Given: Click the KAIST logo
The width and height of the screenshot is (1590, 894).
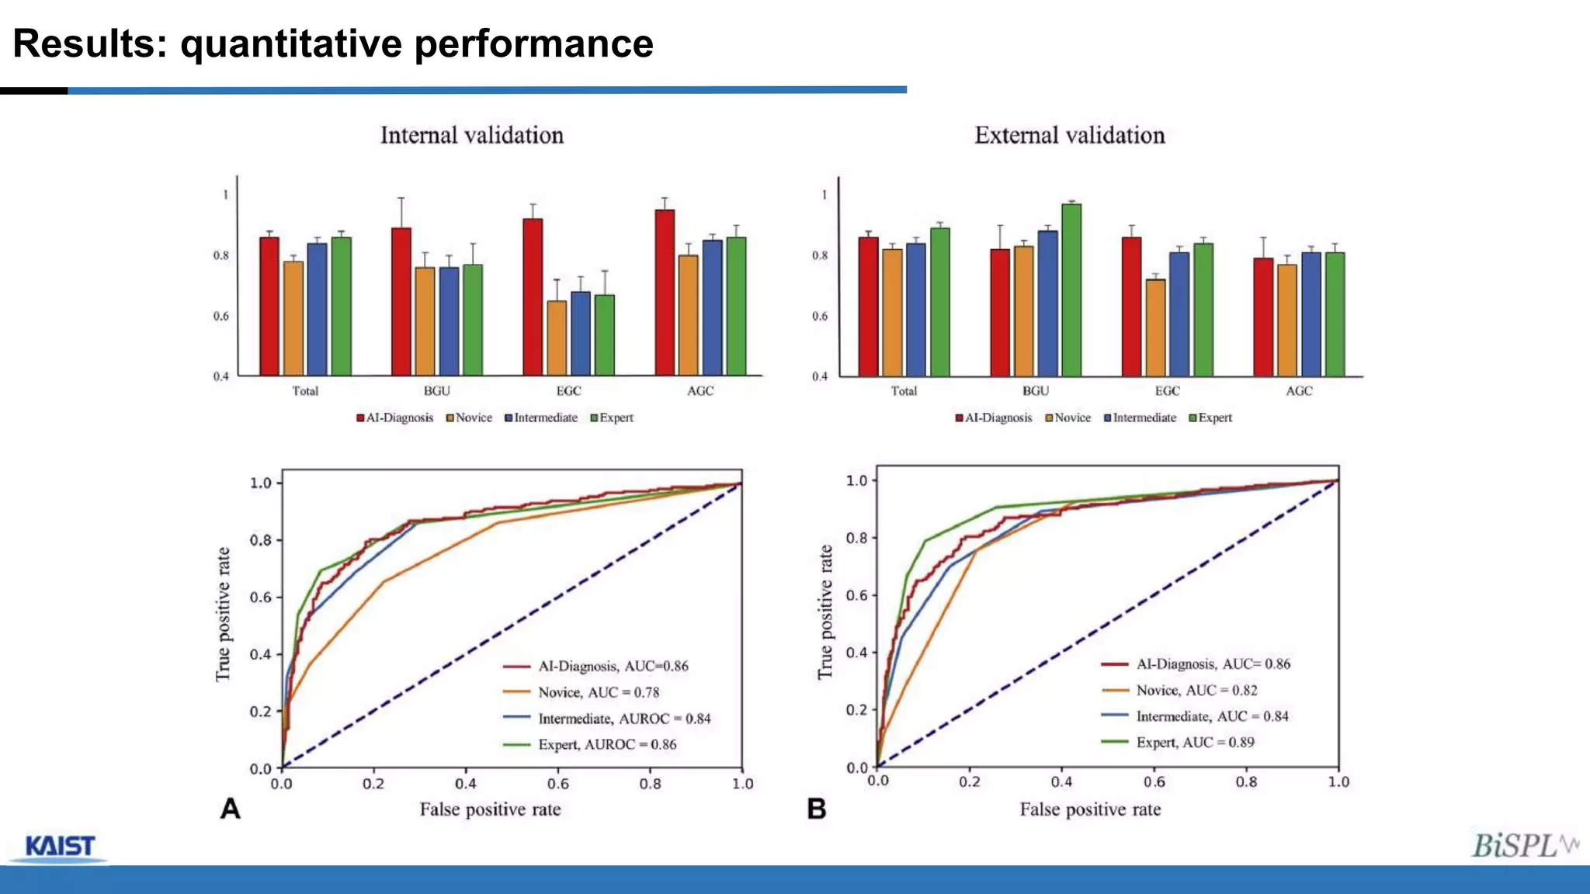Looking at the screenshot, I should coord(60,847).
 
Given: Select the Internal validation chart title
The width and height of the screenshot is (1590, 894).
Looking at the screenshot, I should coord(471,136).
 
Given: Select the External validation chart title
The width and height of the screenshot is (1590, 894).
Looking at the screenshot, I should coord(1069,136).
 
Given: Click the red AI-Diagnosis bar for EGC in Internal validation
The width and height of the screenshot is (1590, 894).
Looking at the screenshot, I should coord(533,296).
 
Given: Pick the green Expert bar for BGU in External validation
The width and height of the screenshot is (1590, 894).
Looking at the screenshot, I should coord(1071,290).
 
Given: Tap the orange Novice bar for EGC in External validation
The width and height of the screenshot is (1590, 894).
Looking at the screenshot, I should coord(1155,327).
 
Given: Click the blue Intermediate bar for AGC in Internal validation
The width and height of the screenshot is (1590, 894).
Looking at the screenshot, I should coord(712,308).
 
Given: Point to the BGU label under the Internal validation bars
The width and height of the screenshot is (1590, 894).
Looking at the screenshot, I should coord(436,391).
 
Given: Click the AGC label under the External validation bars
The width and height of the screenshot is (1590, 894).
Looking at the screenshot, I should coord(1298,391).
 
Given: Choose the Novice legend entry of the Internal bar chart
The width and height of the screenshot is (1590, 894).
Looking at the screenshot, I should coord(469,418).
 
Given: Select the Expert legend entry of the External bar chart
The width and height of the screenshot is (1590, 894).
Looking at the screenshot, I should coord(1210,418).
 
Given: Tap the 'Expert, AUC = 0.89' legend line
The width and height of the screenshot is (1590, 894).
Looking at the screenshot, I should coord(1195,743).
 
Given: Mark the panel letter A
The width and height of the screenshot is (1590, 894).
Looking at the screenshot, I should coord(230,809).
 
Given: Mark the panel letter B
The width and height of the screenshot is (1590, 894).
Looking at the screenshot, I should coord(816,809).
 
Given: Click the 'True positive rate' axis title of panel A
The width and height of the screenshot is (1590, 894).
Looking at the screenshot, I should coord(223,614).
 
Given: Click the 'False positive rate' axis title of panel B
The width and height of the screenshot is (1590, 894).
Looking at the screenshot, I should coord(1090,809).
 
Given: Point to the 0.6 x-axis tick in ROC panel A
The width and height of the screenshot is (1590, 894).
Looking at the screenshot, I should coord(557,784).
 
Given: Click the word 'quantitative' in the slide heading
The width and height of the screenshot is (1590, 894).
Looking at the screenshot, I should coord(292,43).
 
